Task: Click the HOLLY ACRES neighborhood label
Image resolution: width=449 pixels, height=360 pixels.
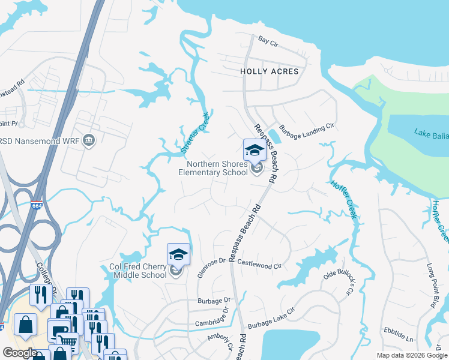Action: coord(269,71)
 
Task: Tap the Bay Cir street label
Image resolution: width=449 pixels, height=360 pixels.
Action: coord(268,40)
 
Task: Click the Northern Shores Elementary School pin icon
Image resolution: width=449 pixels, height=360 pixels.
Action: coord(255,151)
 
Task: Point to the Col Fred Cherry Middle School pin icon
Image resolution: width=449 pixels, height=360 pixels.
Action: coord(178,254)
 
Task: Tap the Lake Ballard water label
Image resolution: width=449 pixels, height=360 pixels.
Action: coord(430,133)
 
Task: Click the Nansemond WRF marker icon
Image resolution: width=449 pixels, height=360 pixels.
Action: coord(89,141)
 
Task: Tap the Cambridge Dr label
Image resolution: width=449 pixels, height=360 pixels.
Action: coord(211,318)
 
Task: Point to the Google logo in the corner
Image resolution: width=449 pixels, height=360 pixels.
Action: coord(19,353)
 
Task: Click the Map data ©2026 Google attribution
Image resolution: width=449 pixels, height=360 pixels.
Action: coord(411,355)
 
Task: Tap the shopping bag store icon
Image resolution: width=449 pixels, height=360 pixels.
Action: coord(25,326)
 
